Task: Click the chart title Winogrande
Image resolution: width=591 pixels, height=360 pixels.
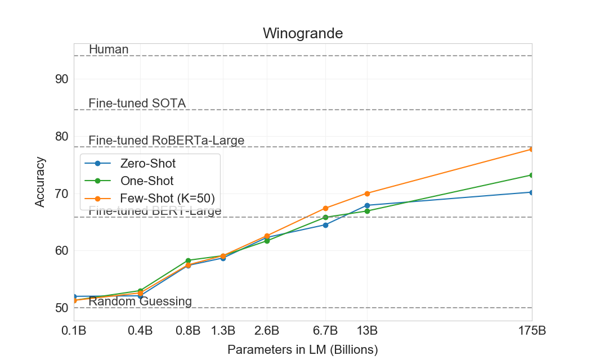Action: [303, 33]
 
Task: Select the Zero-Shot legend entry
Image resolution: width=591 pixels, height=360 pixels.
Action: [147, 164]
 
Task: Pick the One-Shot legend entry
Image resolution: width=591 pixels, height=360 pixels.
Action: [146, 181]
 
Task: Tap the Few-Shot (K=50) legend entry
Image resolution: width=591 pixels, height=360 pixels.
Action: [167, 198]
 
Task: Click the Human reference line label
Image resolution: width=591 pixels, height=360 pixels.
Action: [109, 49]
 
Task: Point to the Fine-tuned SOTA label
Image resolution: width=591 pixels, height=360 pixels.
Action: [137, 103]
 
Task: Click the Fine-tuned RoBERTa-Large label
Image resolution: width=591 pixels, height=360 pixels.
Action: [166, 141]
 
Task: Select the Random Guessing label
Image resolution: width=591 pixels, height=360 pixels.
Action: [140, 301]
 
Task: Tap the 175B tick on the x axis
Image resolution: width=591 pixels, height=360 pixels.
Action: [531, 330]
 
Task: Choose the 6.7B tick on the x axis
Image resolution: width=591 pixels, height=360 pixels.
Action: [325, 330]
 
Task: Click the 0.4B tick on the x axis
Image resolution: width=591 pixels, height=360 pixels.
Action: [140, 330]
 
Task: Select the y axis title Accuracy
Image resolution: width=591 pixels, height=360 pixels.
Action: [40, 182]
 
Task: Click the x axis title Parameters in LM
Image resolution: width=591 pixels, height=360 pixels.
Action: [302, 350]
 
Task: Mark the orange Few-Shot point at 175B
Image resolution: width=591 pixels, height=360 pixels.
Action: [532, 149]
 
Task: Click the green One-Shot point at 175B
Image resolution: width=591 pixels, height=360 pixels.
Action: [532, 175]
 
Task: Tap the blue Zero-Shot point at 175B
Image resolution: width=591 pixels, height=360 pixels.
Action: [532, 192]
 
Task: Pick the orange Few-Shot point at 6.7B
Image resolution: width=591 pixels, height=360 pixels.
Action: [325, 208]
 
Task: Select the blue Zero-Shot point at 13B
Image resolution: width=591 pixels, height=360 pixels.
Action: [367, 205]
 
